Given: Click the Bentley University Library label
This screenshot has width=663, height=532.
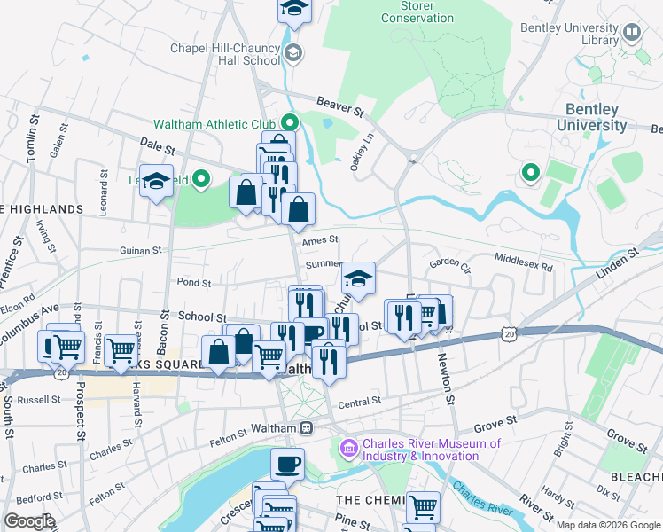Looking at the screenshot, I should (x=581, y=33).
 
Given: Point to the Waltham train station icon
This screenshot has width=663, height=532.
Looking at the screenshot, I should (x=306, y=427).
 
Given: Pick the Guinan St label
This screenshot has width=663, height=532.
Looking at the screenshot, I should (x=142, y=251).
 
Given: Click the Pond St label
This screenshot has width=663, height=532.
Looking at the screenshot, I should (x=193, y=283).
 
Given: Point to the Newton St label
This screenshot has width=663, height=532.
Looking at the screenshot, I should (x=448, y=381).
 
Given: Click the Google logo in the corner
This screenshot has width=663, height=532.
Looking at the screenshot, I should (x=28, y=520).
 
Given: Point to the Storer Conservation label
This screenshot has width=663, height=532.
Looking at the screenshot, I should (x=407, y=11).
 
